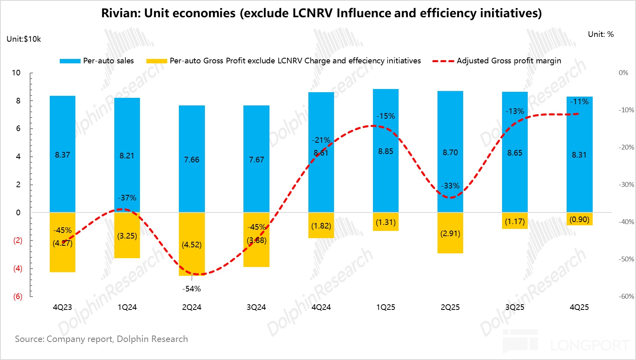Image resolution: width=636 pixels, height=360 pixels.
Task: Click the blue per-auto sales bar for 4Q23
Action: pyautogui.click(x=63, y=128)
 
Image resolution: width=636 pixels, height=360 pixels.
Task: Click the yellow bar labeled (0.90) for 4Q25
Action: pyautogui.click(x=579, y=219)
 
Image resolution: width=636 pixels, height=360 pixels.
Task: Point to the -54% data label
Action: pyautogui.click(x=192, y=289)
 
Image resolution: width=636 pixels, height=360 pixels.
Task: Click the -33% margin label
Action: pyautogui.click(x=450, y=186)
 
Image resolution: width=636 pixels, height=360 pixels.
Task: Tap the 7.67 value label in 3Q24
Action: pyautogui.click(x=257, y=160)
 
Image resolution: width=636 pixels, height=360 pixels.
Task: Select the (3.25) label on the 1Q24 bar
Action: pyautogui.click(x=127, y=236)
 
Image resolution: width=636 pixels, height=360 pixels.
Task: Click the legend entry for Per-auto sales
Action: pyautogui.click(x=97, y=61)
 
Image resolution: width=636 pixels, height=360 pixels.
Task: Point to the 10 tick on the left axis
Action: pyautogui.click(x=16, y=73)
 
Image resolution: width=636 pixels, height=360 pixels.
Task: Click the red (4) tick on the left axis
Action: pyautogui.click(x=18, y=269)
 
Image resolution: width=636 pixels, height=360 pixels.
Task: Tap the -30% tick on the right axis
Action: pyautogui.click(x=626, y=184)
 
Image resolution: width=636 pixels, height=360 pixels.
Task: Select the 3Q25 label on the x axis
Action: pyautogui.click(x=514, y=307)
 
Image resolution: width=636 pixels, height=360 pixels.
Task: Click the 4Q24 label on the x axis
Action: pyautogui.click(x=321, y=307)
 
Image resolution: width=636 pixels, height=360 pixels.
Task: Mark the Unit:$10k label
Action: pyautogui.click(x=24, y=39)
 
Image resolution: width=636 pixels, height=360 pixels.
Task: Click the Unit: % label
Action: pyautogui.click(x=601, y=34)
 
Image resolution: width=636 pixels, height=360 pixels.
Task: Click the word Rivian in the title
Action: pyautogui.click(x=120, y=13)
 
